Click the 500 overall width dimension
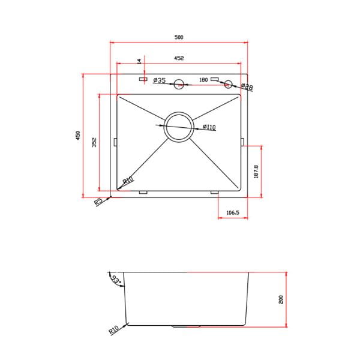[x=179, y=37]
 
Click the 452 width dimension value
[x=179, y=58]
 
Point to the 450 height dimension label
[x=77, y=136]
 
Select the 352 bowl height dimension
[x=95, y=142]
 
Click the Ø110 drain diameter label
[x=209, y=127]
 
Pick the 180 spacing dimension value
[x=203, y=80]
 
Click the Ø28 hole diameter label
[x=247, y=88]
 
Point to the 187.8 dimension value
[x=256, y=172]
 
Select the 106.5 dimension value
[x=233, y=212]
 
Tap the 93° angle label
[x=117, y=278]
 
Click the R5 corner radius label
[x=99, y=202]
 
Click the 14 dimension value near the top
[x=139, y=61]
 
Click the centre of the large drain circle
[x=179, y=127]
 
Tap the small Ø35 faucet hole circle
[x=179, y=84]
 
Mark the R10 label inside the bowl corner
[x=127, y=181]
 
